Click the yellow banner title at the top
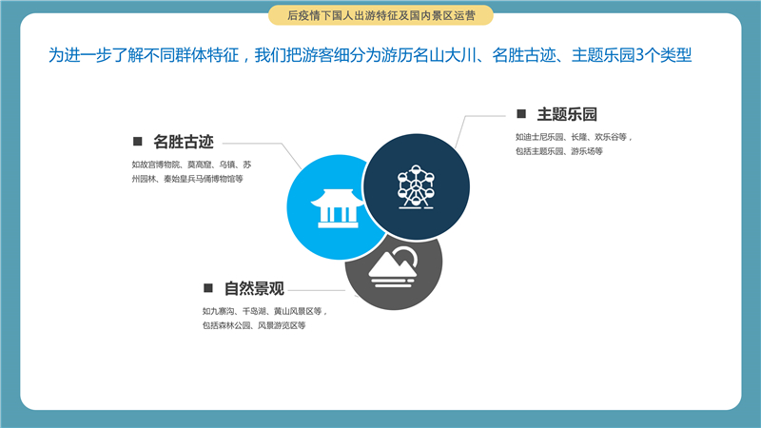tap(381, 15)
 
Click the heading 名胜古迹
tap(184, 142)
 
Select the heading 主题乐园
tap(567, 114)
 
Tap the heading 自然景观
tap(254, 289)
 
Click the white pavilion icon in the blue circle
tap(338, 208)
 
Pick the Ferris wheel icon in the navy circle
tap(416, 186)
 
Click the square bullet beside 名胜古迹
tap(137, 141)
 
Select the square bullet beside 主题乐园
tap(521, 113)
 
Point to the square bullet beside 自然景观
tap(208, 288)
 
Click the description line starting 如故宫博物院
tap(192, 165)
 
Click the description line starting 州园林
tap(187, 179)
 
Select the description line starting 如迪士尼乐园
tap(574, 137)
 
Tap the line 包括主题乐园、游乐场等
tap(559, 151)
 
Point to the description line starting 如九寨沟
tap(265, 311)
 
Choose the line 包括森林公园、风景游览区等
tap(254, 325)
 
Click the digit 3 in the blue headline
tap(639, 55)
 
